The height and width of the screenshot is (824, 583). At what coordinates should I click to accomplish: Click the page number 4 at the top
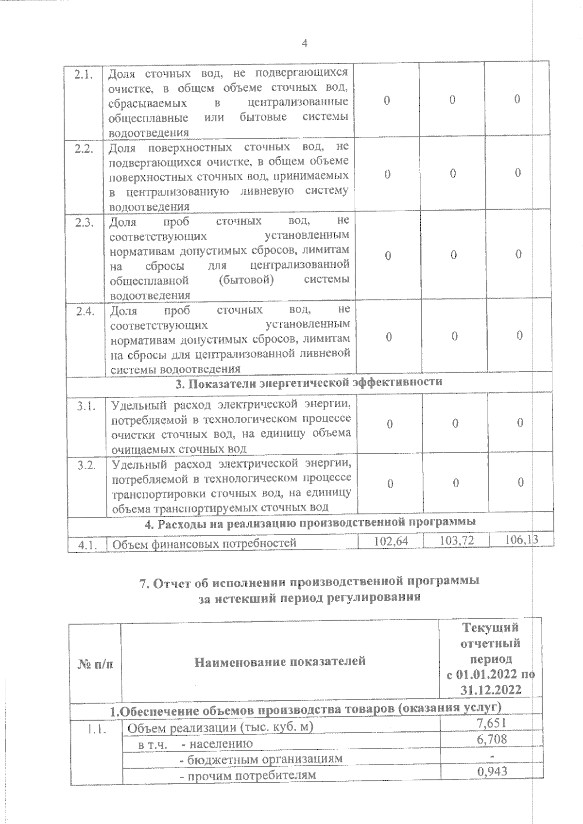tap(305, 44)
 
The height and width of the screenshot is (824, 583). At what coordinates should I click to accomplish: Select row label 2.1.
tap(84, 75)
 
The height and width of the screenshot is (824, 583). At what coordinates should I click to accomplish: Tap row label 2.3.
tap(85, 222)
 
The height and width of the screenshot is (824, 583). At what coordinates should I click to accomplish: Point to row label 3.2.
tap(86, 465)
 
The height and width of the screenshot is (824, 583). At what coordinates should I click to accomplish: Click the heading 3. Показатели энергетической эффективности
tap(309, 382)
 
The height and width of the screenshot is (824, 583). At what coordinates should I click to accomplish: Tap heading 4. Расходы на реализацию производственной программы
tap(310, 523)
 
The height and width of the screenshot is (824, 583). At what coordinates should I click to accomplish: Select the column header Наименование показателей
tap(280, 661)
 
